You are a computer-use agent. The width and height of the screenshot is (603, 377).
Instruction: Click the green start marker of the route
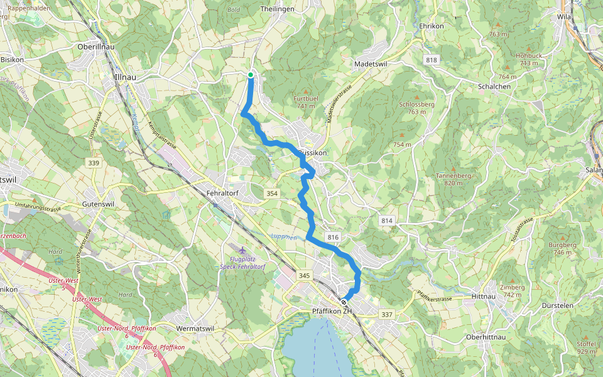pyautogui.click(x=251, y=75)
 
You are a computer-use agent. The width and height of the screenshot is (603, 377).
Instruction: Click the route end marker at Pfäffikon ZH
pyautogui.click(x=344, y=301)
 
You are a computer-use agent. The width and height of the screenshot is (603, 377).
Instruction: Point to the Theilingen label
pyautogui.click(x=277, y=9)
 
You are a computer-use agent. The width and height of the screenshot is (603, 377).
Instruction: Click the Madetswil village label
pyautogui.click(x=373, y=64)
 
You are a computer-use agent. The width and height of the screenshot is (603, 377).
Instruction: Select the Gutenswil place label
pyautogui.click(x=101, y=205)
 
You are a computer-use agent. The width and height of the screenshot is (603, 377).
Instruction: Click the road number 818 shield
pyautogui.click(x=431, y=60)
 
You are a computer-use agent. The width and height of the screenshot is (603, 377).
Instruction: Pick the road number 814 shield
pyautogui.click(x=386, y=221)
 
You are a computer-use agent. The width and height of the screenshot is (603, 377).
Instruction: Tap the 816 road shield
pyautogui.click(x=333, y=237)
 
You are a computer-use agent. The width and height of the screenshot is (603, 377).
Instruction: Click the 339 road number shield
pyautogui.click(x=94, y=163)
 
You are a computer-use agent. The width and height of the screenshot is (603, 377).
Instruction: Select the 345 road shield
pyautogui.click(x=305, y=276)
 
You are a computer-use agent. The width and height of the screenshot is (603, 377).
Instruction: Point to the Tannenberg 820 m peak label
pyautogui.click(x=453, y=179)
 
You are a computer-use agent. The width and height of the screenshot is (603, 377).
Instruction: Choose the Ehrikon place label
pyautogui.click(x=432, y=26)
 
